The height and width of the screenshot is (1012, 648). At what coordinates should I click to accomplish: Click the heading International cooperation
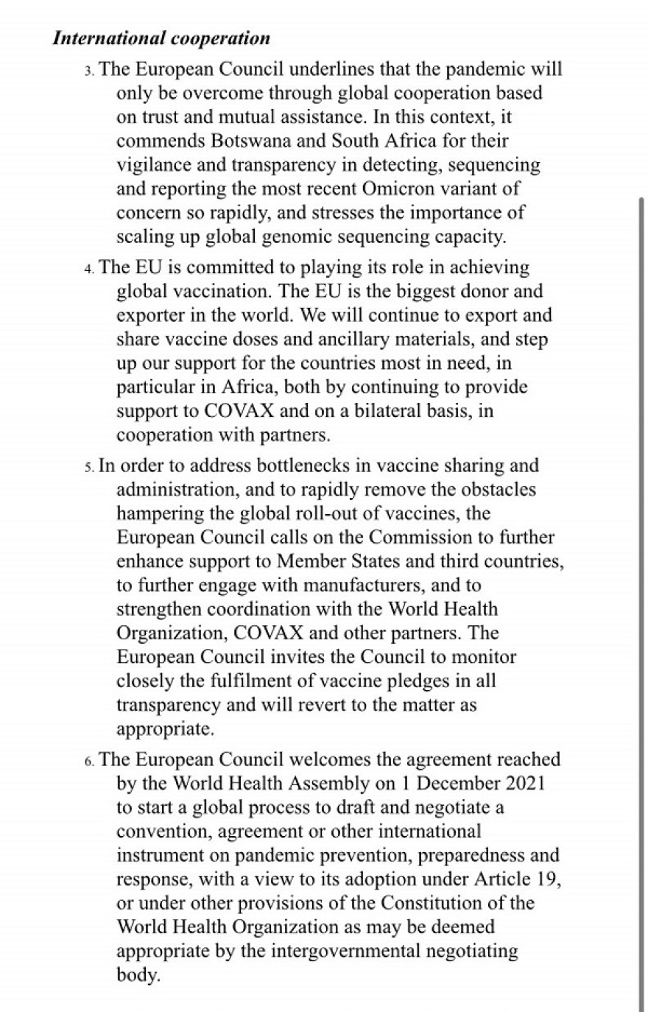click(161, 38)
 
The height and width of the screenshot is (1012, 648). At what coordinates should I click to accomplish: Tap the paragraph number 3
click(89, 71)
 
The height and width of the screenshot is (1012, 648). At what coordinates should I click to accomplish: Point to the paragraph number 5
click(89, 467)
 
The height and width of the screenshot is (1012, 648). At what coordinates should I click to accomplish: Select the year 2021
click(522, 783)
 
